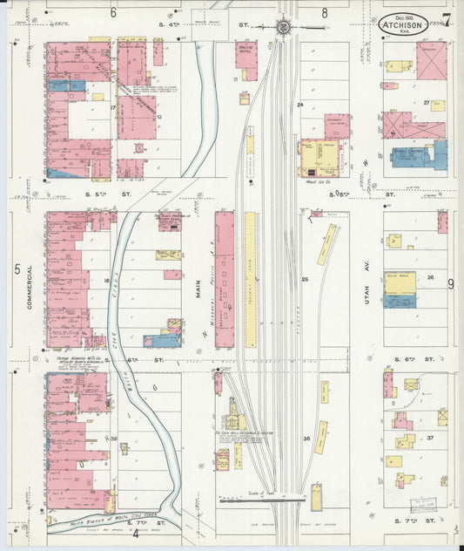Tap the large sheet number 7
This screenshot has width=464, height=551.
pos(446,20)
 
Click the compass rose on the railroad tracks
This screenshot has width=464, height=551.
pos(285,27)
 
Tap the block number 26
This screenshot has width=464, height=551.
pos(430,278)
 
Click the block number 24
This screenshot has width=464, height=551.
pos(299,105)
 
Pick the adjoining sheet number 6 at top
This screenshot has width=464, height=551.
pos(113,12)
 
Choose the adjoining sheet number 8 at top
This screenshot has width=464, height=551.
pos(325,12)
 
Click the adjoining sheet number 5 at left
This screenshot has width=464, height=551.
pos(17,269)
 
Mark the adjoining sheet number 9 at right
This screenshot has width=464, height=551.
pos(451,284)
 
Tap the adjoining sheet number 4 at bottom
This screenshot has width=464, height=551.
pos(135,534)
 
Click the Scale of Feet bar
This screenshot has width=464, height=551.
pos(261,500)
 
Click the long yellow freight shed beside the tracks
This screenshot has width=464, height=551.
pos(250,277)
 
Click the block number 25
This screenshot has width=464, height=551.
pos(306,279)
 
